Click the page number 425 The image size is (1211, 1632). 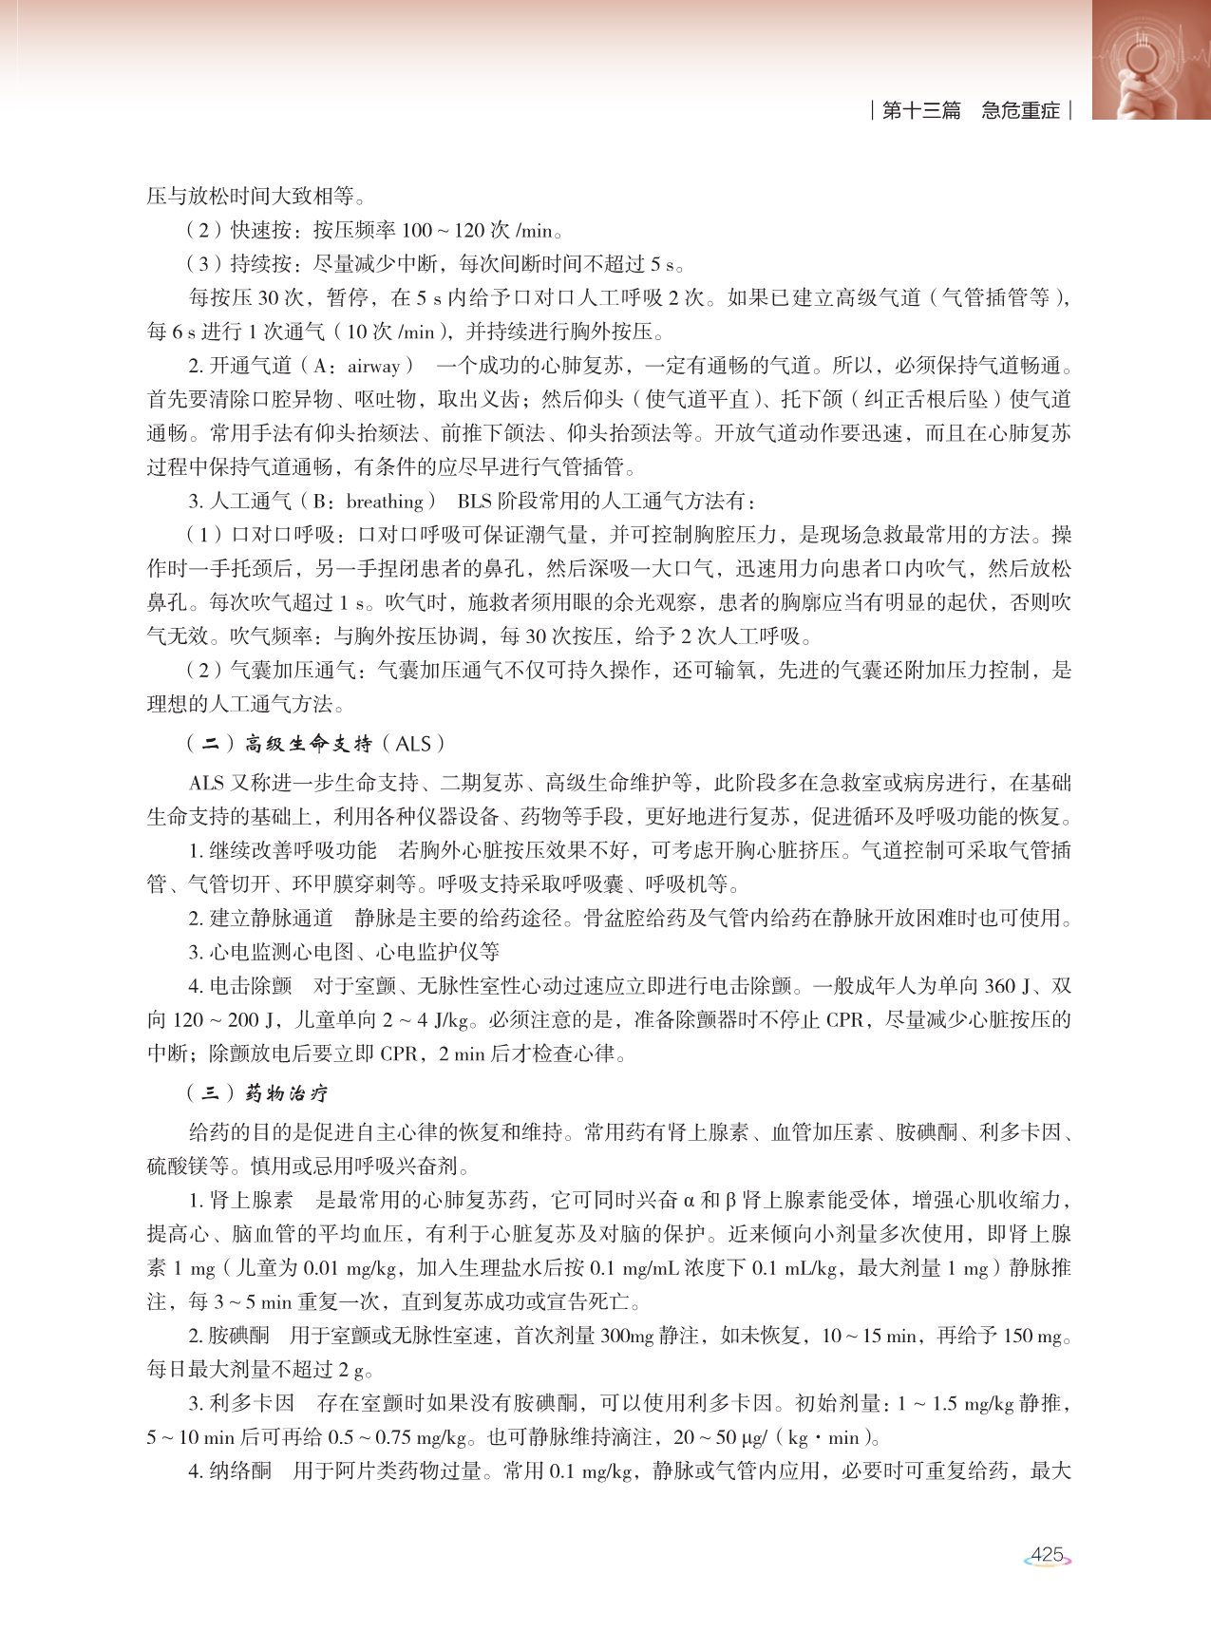1047,1554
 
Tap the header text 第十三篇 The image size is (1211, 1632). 920,110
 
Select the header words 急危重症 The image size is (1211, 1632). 1020,110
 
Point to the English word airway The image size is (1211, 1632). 373,366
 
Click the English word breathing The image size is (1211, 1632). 385,502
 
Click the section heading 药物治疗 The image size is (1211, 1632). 286,1093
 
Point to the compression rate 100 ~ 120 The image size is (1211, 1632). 443,230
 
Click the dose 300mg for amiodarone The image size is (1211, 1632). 627,1336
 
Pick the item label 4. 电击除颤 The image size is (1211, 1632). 239,986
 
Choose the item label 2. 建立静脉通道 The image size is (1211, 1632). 260,918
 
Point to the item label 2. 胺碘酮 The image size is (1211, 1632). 229,1336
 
